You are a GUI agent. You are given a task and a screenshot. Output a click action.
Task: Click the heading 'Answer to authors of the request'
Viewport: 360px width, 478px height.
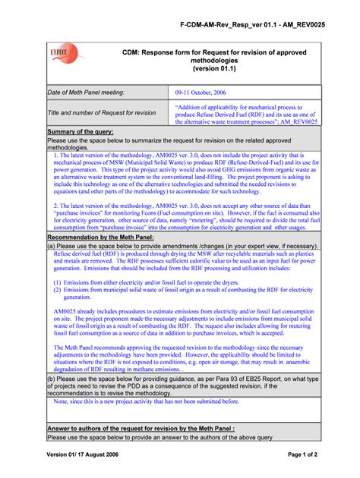(x=137, y=429)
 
